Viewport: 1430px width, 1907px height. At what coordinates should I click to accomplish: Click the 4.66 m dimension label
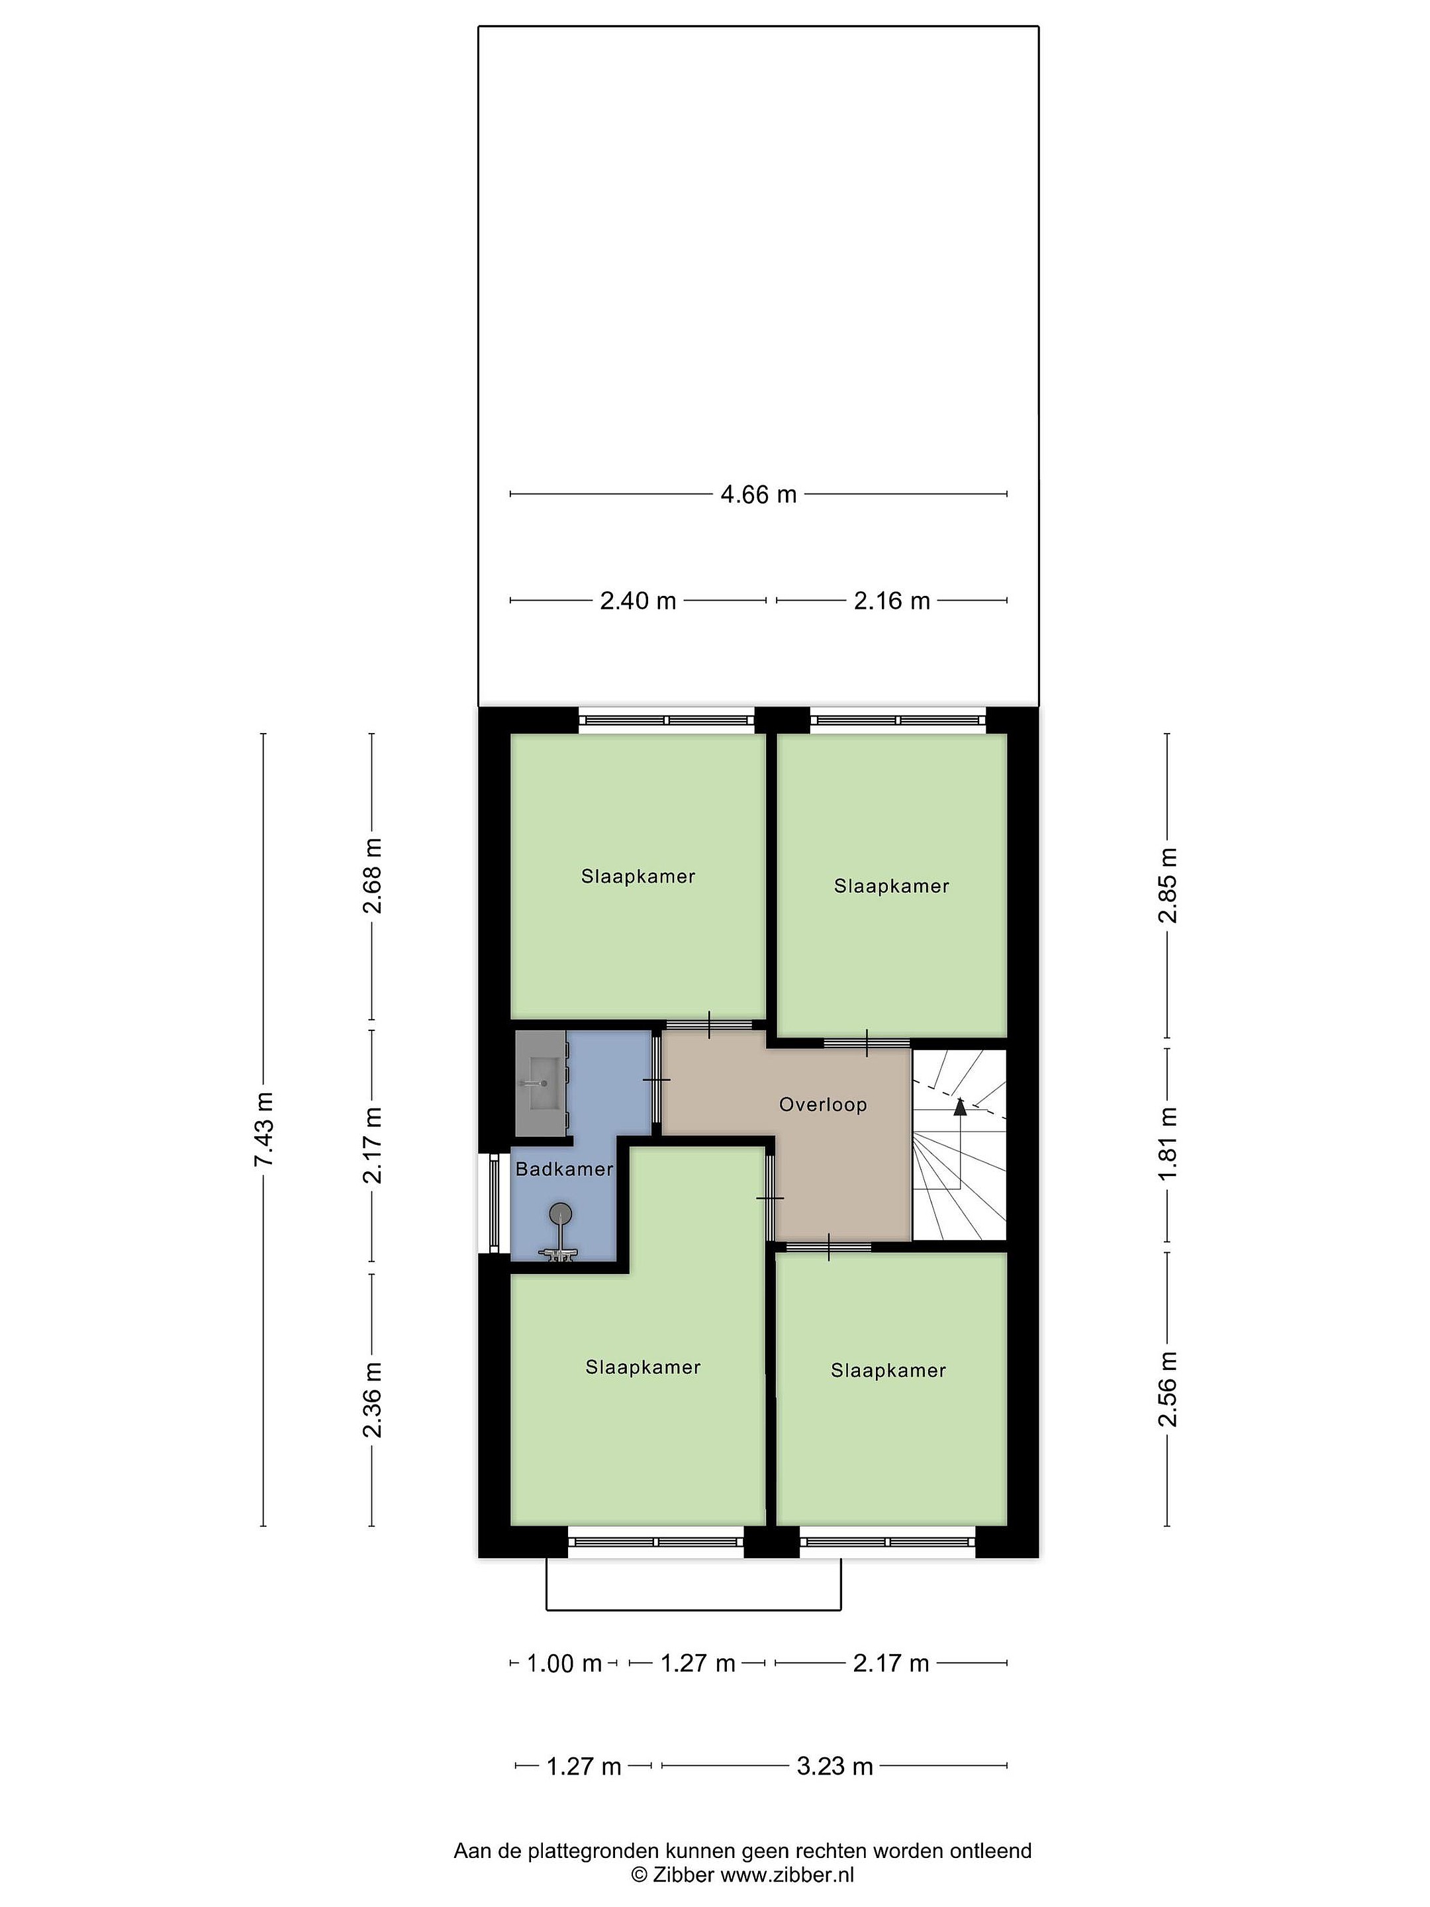click(x=759, y=495)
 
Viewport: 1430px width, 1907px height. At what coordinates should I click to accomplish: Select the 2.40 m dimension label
click(x=638, y=601)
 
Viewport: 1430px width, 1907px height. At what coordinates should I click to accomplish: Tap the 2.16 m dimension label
click(x=892, y=601)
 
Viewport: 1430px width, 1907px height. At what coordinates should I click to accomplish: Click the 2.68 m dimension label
click(x=372, y=876)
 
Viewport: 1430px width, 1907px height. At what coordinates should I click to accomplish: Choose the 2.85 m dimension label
click(x=1168, y=885)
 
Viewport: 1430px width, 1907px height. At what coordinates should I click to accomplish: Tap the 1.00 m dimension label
click(x=564, y=1664)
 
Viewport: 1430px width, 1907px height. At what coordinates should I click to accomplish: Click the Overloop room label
click(x=823, y=1104)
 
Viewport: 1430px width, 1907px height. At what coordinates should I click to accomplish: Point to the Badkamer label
click(x=565, y=1169)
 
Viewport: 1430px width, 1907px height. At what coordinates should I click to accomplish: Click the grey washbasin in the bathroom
click(x=540, y=1084)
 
